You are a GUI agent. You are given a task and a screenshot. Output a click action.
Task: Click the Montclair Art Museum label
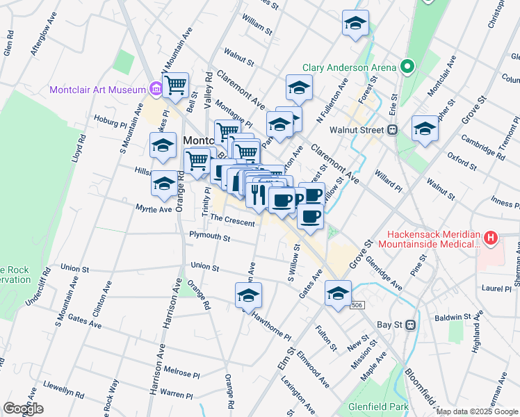(97, 90)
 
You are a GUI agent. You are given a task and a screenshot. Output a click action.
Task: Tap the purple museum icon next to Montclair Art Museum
(155, 89)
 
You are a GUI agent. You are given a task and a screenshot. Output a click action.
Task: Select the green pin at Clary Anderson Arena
(407, 67)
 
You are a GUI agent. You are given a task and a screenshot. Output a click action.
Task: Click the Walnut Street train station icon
(392, 129)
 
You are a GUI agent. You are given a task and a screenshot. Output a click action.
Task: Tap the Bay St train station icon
(410, 324)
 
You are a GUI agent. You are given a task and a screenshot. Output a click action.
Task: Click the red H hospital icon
(491, 238)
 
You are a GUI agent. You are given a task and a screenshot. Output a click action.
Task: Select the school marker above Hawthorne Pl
(247, 295)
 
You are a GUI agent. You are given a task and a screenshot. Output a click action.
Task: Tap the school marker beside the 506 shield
(338, 293)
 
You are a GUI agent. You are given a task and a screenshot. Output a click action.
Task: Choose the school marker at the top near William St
(355, 23)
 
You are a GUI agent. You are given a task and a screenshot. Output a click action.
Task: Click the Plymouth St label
(209, 236)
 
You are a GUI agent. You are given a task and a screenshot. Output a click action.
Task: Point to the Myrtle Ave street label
(154, 208)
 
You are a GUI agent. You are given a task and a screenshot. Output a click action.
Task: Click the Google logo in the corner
(23, 409)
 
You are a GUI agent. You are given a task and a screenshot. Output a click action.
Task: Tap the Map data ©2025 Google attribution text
(476, 411)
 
